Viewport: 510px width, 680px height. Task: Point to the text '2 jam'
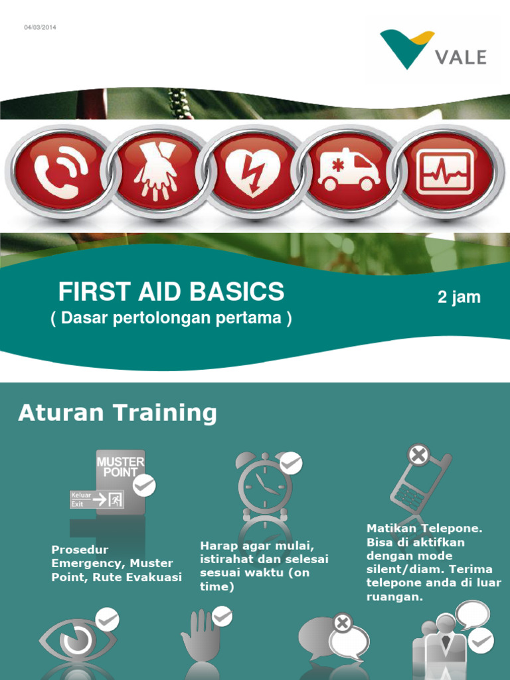459,297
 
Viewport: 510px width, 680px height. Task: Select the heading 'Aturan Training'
117,413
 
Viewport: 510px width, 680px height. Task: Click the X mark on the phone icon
418,456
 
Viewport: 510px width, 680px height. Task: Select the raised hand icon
201,634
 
